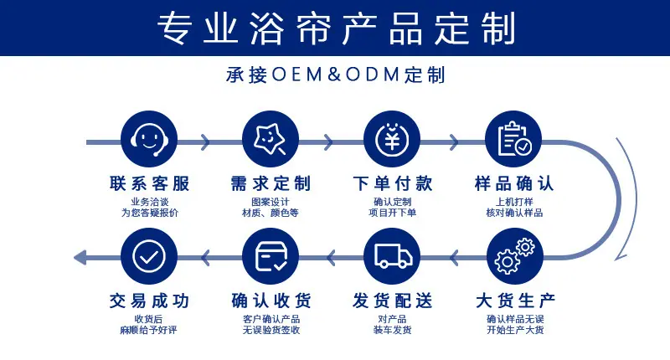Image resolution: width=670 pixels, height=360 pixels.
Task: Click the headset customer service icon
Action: pyautogui.click(x=149, y=139)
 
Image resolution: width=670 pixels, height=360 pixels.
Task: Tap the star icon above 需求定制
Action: pyautogui.click(x=270, y=139)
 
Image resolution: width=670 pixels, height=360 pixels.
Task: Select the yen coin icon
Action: pyautogui.click(x=392, y=139)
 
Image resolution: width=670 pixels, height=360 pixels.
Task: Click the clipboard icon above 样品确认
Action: pyautogui.click(x=513, y=139)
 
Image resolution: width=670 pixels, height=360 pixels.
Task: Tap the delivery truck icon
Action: pyautogui.click(x=392, y=256)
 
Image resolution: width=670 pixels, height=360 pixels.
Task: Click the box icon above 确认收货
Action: pyautogui.click(x=270, y=256)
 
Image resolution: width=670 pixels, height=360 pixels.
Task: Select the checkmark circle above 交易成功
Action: pyautogui.click(x=149, y=256)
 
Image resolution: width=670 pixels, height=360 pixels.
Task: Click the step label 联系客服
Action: pyautogui.click(x=150, y=183)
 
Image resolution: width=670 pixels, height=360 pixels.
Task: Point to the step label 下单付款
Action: pyautogui.click(x=393, y=183)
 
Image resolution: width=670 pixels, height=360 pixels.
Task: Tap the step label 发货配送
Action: pyautogui.click(x=393, y=301)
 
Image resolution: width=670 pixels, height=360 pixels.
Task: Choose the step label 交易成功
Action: pyautogui.click(x=150, y=301)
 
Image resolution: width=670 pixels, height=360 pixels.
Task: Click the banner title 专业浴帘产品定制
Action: pyautogui.click(x=337, y=28)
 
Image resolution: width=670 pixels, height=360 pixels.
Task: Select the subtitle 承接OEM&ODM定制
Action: pyautogui.click(x=336, y=75)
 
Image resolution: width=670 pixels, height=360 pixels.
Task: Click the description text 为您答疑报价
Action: pyautogui.click(x=150, y=213)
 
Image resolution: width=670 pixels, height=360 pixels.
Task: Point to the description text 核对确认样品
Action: pyautogui.click(x=514, y=213)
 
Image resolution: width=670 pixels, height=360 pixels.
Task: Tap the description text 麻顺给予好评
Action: pyautogui.click(x=148, y=330)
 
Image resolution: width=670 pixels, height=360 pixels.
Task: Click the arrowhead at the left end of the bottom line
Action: pyautogui.click(x=80, y=257)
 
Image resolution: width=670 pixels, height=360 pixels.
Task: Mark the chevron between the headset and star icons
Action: pyautogui.click(x=205, y=142)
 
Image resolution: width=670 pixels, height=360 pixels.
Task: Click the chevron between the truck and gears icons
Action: pyautogui.click(x=454, y=258)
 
